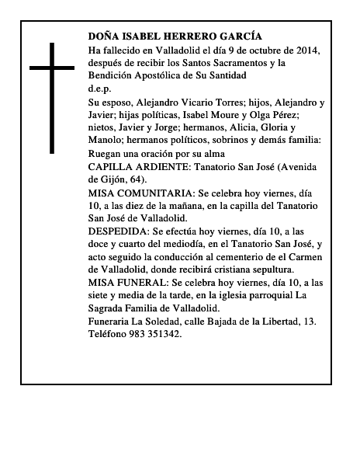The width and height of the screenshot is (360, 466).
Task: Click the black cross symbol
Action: [x=52, y=97]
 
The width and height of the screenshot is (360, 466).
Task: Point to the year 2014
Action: [x=306, y=50]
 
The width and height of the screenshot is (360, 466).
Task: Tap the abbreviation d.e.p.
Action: [x=100, y=89]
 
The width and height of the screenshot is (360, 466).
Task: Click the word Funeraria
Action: [x=112, y=320]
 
